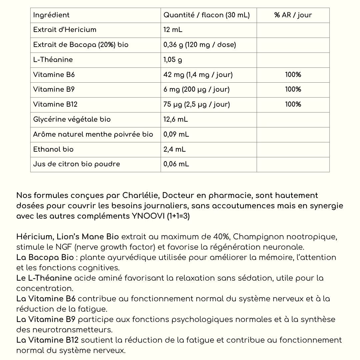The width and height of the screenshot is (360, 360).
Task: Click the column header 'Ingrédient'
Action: tap(51, 15)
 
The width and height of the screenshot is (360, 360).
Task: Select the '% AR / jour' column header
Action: tap(293, 15)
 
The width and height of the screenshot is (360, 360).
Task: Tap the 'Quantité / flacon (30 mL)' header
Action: tap(206, 15)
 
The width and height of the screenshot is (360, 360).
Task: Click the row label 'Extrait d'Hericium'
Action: tap(65, 30)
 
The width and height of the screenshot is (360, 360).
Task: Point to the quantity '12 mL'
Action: tap(173, 30)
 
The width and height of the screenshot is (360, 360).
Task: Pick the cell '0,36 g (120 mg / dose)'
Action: tap(199, 45)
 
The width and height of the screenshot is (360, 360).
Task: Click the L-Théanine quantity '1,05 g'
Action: tap(173, 60)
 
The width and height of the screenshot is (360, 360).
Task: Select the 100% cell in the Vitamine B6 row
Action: tap(293, 75)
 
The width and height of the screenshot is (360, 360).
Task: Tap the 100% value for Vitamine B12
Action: tap(293, 104)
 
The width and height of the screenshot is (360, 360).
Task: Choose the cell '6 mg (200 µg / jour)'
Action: tap(196, 89)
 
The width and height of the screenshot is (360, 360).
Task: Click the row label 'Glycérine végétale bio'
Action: tap(72, 119)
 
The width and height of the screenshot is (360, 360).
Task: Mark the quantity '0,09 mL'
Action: tap(176, 134)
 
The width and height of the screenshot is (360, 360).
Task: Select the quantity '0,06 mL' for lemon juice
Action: tap(176, 164)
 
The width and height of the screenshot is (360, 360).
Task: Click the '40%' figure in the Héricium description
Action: tap(221, 237)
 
